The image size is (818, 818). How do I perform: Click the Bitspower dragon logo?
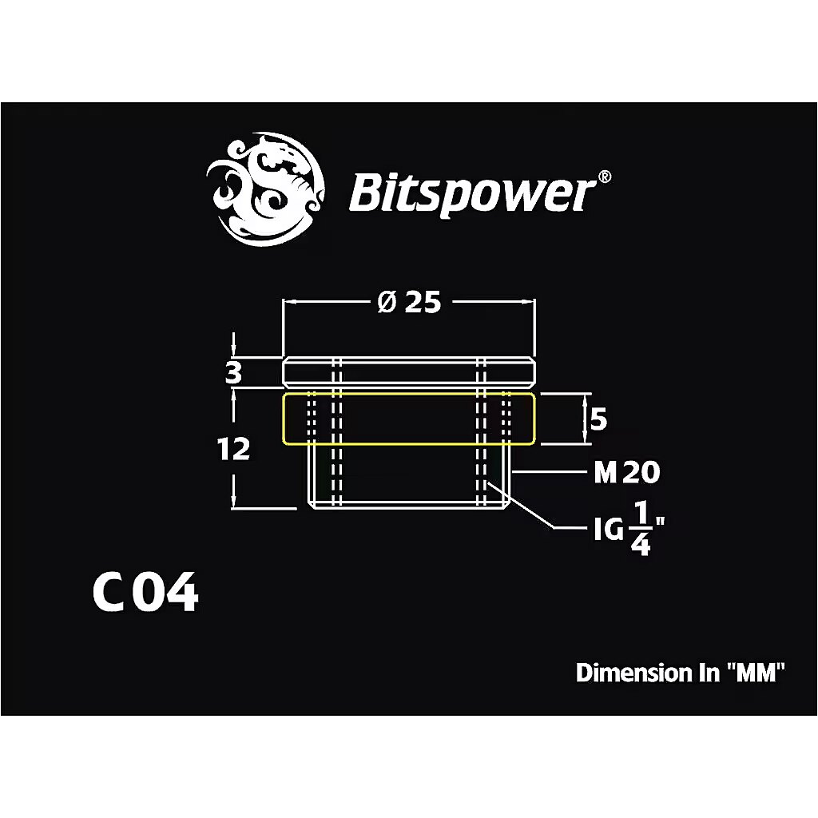pyautogui.click(x=265, y=189)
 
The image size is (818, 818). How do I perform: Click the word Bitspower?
pyautogui.click(x=472, y=193)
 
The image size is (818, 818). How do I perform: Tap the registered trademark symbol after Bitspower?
pyautogui.click(x=604, y=177)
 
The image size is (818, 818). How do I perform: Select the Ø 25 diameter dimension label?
pyautogui.click(x=409, y=302)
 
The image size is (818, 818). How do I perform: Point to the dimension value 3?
pyautogui.click(x=234, y=373)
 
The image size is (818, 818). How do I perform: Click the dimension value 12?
pyautogui.click(x=234, y=449)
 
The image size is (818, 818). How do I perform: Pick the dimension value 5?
pyautogui.click(x=598, y=419)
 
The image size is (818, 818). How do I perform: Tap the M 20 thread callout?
pyautogui.click(x=627, y=472)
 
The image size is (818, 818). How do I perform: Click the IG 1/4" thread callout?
pyautogui.click(x=629, y=529)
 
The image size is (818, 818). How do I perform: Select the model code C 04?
pyautogui.click(x=145, y=592)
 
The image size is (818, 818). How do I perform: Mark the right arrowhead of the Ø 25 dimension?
pyautogui.click(x=529, y=301)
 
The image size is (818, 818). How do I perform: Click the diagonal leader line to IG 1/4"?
pyautogui.click(x=520, y=506)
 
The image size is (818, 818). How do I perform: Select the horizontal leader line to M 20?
pyautogui.click(x=550, y=471)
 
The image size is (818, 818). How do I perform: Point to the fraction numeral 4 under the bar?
pyautogui.click(x=641, y=545)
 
